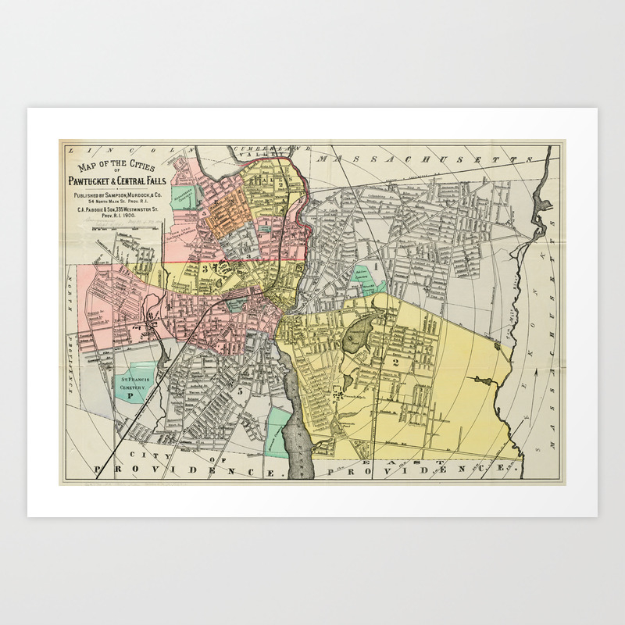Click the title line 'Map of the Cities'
point(113,166)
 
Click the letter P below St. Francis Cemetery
point(130,396)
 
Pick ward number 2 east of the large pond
point(395,362)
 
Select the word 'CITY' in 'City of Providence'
point(141,454)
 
